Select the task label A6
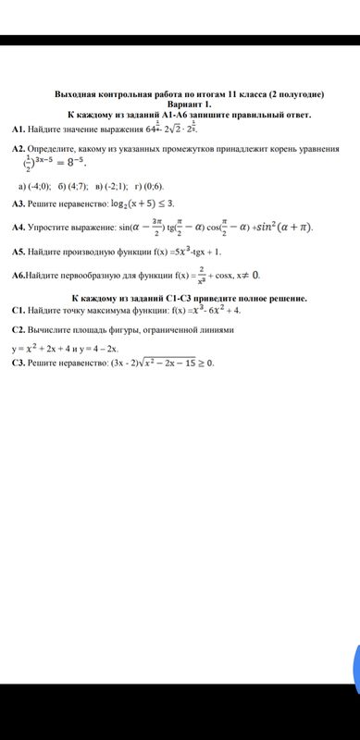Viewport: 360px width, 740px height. coord(20,276)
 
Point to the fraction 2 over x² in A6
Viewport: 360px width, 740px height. coord(201,275)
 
